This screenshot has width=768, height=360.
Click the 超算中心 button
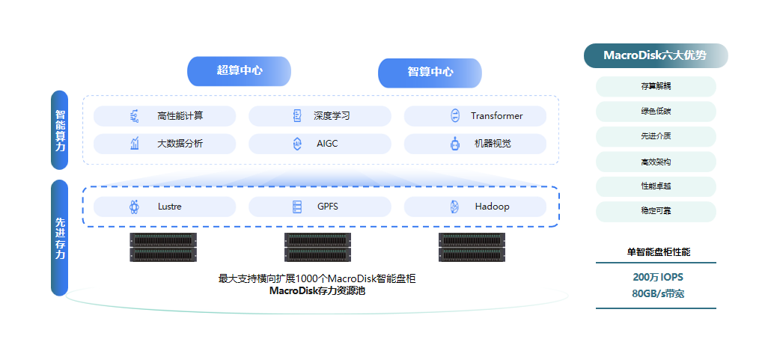[239, 70]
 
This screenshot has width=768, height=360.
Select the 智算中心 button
[430, 73]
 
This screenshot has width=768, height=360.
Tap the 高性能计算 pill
[165, 116]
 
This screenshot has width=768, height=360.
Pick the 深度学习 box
[320, 116]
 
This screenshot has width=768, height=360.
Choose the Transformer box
[475, 116]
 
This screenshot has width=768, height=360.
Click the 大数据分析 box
[165, 144]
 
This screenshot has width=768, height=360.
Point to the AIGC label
[327, 144]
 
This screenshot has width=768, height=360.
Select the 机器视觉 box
[475, 144]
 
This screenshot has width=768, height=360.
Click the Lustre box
[165, 207]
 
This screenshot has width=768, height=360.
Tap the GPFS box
[320, 207]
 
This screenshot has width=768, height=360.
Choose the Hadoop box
[475, 207]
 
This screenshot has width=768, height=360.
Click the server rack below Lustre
[163, 248]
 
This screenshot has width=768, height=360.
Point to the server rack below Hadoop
[472, 248]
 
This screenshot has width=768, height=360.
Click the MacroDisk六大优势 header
[655, 55]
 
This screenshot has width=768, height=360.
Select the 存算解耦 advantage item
[656, 87]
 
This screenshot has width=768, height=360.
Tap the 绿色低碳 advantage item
[656, 112]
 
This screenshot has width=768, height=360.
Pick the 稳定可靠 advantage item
[656, 211]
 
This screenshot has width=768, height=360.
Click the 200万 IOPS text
[657, 277]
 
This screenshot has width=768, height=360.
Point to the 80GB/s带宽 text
[657, 293]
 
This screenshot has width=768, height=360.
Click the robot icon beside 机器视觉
[454, 144]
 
